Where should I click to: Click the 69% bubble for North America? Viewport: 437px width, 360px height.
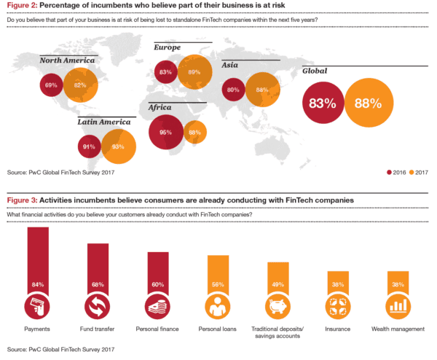[x=51, y=85]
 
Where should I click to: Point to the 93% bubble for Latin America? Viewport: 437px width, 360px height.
[x=118, y=146]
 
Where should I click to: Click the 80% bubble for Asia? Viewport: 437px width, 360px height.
[x=234, y=90]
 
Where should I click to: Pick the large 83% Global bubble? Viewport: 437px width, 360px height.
[x=321, y=103]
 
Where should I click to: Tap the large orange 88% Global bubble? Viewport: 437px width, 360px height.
[x=368, y=103]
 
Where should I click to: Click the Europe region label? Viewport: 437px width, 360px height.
[x=167, y=47]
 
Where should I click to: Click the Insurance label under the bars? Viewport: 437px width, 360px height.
[x=338, y=329]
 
